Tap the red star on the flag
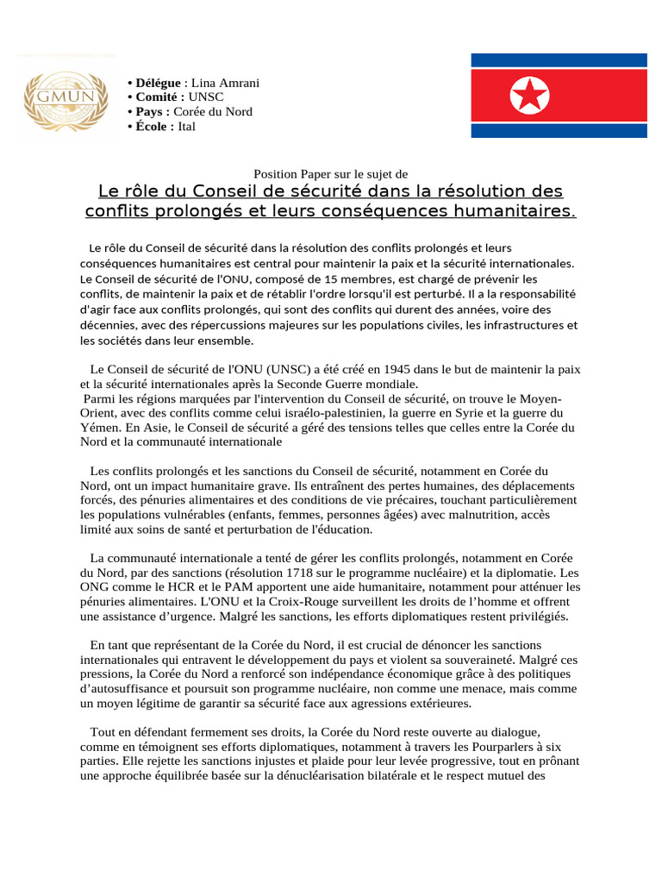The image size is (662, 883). pyautogui.click(x=529, y=96)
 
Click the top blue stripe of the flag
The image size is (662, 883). pyautogui.click(x=558, y=60)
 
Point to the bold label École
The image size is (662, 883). pyautogui.click(x=153, y=127)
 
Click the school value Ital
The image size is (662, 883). pyautogui.click(x=186, y=127)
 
